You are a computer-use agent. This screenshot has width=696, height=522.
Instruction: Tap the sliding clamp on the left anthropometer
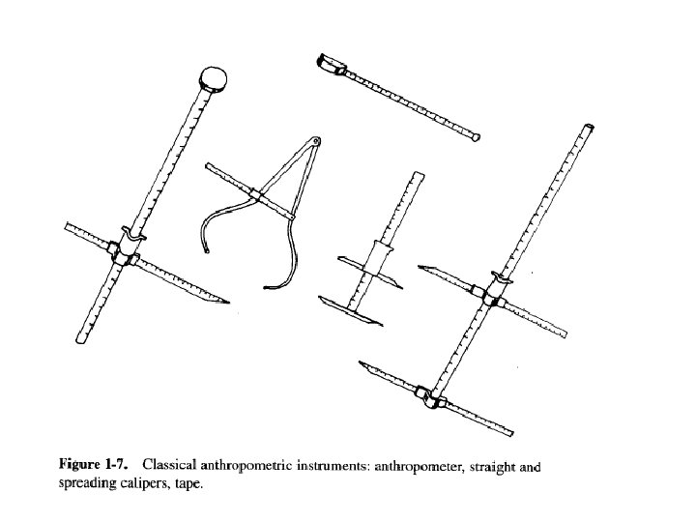pyautogui.click(x=125, y=250)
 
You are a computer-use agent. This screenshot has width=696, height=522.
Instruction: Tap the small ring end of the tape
pyautogui.click(x=476, y=138)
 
